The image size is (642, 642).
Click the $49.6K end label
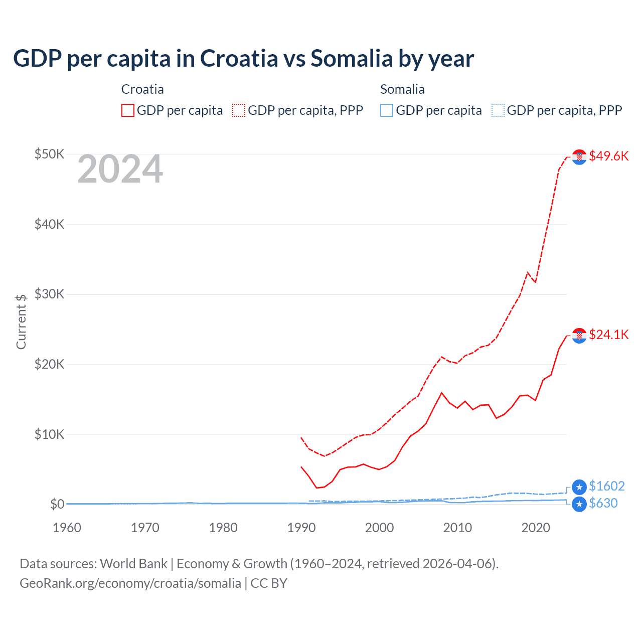(608, 156)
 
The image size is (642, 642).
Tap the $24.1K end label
(608, 335)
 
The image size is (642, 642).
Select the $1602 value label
(606, 486)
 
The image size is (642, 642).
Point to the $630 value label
(603, 503)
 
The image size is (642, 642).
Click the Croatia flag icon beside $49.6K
(579, 157)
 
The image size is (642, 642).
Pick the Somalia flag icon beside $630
(579, 504)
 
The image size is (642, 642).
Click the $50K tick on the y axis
(49, 154)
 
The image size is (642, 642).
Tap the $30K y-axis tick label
(49, 294)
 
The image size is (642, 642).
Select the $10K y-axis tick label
(49, 434)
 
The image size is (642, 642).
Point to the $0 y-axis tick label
(57, 504)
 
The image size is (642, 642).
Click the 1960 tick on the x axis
(67, 528)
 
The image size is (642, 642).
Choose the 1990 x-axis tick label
(301, 528)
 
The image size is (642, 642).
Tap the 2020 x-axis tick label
(536, 528)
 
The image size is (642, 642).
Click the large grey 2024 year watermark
(120, 169)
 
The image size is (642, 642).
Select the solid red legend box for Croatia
(128, 110)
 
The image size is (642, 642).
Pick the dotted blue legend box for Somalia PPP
(498, 110)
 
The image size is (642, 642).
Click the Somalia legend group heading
(402, 89)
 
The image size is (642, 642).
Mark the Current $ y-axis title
(21, 322)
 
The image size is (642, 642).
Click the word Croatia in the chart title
(239, 58)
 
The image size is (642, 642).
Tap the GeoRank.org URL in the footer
(130, 583)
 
